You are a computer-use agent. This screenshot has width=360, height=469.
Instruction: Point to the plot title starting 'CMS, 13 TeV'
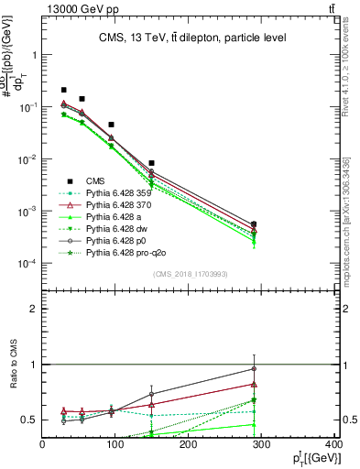(x=192, y=38)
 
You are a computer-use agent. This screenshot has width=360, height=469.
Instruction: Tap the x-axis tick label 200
(x=190, y=444)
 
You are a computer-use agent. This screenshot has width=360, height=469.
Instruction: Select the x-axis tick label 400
(x=335, y=444)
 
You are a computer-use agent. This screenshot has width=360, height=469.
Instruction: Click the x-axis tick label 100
(x=116, y=444)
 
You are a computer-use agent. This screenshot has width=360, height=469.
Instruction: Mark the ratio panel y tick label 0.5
(x=29, y=420)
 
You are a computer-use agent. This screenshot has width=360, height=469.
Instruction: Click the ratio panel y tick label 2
(x=33, y=309)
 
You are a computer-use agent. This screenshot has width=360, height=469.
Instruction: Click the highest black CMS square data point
(x=64, y=90)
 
